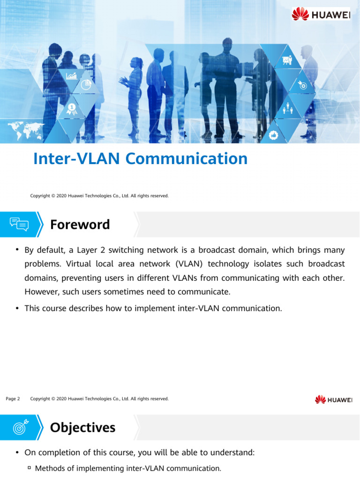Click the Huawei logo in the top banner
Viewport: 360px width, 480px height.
tap(321, 14)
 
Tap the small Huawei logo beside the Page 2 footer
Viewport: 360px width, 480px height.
tap(333, 399)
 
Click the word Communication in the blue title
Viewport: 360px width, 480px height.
tap(187, 159)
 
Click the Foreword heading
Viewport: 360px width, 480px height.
tap(80, 225)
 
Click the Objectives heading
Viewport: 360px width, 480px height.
tap(82, 427)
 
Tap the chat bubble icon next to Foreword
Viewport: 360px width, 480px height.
tap(19, 225)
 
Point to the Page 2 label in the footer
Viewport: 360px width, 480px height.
tap(13, 399)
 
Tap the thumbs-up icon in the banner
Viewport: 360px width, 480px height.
tap(274, 135)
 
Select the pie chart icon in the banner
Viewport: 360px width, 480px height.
tap(86, 85)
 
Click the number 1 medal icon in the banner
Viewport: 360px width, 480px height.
tap(72, 109)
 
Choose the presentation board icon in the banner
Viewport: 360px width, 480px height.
tap(287, 61)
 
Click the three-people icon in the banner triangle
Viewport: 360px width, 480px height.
tap(288, 110)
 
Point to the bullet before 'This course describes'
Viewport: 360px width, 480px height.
tap(17, 308)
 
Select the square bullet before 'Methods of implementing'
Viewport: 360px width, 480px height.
tap(29, 468)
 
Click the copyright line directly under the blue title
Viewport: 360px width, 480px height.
tap(99, 195)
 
